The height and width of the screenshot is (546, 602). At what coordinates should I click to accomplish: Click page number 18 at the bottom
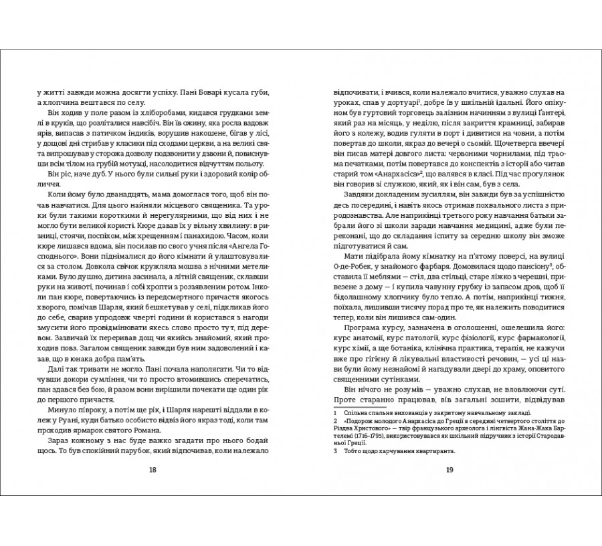[x=153, y=469]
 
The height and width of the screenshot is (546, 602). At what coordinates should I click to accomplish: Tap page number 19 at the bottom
[x=449, y=469]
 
